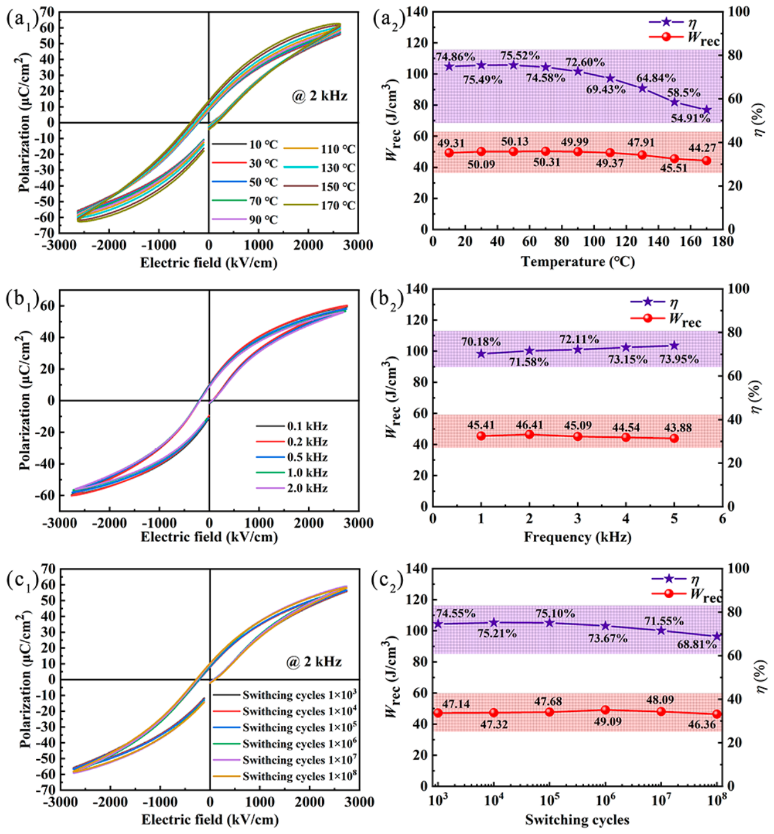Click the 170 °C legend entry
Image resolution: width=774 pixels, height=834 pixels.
click(x=319, y=205)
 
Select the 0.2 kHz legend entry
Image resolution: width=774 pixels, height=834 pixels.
click(x=292, y=442)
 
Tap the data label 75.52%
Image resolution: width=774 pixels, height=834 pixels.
click(x=520, y=55)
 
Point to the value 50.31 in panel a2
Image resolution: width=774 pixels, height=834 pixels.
click(x=547, y=162)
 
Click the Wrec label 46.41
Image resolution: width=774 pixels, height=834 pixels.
click(x=529, y=425)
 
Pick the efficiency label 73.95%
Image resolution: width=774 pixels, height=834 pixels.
click(x=679, y=359)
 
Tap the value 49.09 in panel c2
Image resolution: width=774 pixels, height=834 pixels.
click(x=607, y=721)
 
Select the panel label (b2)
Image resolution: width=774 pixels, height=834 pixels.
click(x=387, y=299)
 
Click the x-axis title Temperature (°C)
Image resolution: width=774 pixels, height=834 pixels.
click(x=578, y=262)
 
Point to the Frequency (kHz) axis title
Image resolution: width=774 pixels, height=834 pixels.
click(x=577, y=537)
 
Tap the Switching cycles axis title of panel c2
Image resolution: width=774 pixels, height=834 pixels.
click(x=577, y=820)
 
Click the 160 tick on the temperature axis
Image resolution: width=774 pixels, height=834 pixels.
click(x=690, y=242)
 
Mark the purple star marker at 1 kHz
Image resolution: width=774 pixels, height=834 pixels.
click(x=481, y=353)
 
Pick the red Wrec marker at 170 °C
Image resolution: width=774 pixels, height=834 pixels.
click(x=707, y=160)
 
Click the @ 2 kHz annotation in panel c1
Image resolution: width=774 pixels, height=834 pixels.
click(x=314, y=662)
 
